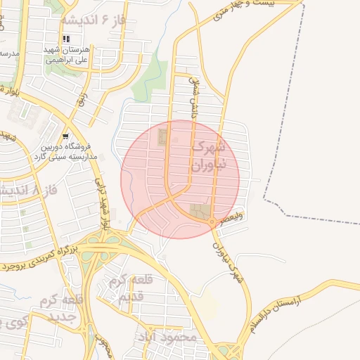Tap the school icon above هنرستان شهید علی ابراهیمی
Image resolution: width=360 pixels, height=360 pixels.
66,39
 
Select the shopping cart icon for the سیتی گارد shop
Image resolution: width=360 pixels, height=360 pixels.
65,136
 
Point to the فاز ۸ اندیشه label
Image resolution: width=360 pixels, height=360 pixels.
28,191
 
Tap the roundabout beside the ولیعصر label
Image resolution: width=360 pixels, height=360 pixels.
211,223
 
